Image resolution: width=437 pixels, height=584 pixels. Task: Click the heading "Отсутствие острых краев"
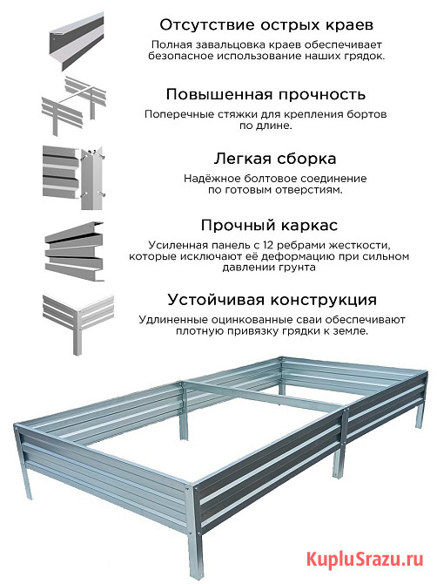pos(266,25)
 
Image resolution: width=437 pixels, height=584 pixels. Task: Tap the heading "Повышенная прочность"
pos(266,95)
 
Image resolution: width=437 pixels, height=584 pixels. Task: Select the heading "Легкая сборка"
pos(275,159)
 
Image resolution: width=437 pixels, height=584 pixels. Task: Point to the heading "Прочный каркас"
pos(269,226)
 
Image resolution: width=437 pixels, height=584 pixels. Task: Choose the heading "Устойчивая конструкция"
pos(272,300)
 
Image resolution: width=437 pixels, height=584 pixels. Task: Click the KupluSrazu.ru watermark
pos(366,560)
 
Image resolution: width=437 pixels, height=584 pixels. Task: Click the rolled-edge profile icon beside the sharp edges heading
pos(77,41)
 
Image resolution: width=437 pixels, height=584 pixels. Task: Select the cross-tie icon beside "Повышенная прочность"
pos(74,105)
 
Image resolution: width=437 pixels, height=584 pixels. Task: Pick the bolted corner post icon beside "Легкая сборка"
pos(74,177)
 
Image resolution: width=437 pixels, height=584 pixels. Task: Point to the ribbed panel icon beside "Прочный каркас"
pos(74,251)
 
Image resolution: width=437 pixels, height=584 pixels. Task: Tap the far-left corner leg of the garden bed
pos(23,462)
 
